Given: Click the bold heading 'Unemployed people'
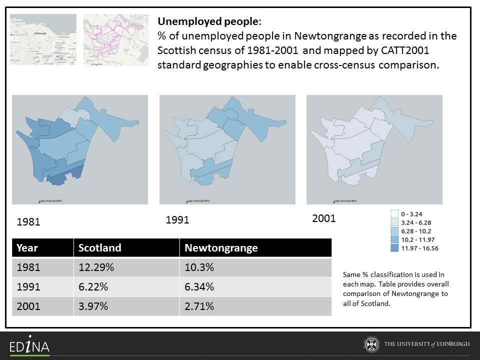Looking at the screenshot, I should tap(208, 22).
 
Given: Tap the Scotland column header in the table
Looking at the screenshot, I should tap(100, 248).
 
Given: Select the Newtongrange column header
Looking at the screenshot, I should tap(221, 248).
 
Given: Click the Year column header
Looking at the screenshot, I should tap(27, 248).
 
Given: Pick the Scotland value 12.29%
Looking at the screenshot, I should tap(96, 267).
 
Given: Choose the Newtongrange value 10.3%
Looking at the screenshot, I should tap(199, 267).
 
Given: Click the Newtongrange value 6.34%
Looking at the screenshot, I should tap(199, 286).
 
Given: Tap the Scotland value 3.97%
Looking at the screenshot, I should tap(93, 306).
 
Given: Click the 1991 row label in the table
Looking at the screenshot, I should tap(28, 286).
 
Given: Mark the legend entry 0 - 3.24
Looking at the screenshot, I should tap(412, 214).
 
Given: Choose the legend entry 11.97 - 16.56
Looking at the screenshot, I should tap(416, 248).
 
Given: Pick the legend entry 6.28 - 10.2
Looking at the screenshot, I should tap(414, 231).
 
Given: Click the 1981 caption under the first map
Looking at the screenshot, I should tap(28, 222).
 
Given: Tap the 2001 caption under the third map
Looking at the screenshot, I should tap(324, 218).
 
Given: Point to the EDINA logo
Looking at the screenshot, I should tap(29, 345).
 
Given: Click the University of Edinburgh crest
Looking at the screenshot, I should tap(370, 344).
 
